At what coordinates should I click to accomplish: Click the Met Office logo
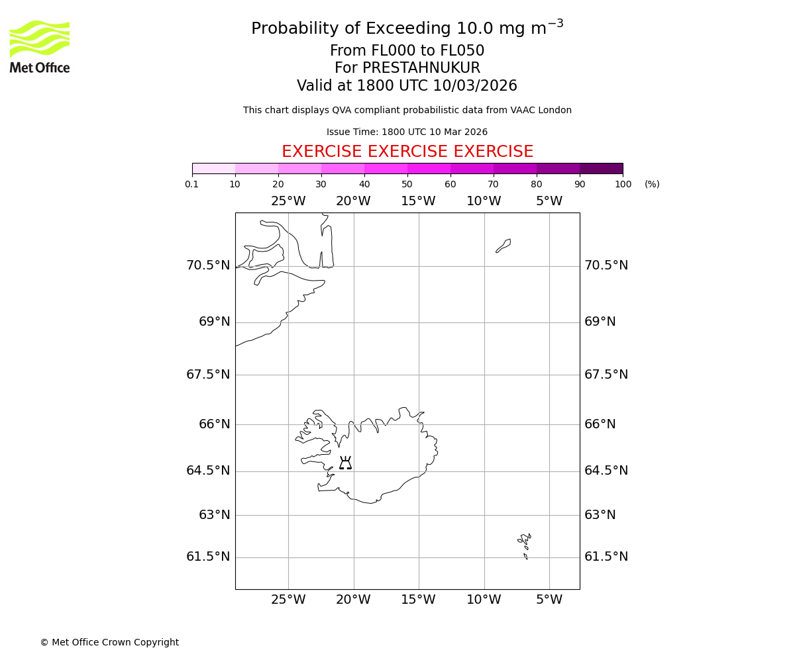pos(40,46)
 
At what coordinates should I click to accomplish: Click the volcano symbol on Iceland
pos(345,463)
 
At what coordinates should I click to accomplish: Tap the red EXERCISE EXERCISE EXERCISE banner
pos(407,152)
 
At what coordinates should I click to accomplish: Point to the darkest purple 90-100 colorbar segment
pos(601,168)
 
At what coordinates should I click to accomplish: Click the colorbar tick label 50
pos(407,184)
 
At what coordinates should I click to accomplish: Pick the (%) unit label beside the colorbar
pos(652,184)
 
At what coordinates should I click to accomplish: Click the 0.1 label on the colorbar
pos(192,184)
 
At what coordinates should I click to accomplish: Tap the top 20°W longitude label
pos(353,201)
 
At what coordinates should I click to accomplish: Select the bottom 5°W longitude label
pos(549,600)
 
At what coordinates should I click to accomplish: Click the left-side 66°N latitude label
pos(215,424)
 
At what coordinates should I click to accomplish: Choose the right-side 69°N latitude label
pos(600,322)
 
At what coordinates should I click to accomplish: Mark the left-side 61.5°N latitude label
pos(208,557)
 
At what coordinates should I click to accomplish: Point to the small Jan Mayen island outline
pos(503,246)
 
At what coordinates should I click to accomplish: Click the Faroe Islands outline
pos(525,545)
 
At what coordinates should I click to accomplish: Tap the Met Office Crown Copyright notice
pos(109,642)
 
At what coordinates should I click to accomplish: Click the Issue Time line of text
pos(407,132)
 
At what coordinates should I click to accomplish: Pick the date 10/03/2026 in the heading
pos(475,86)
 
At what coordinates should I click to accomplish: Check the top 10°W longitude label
pos(484,201)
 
